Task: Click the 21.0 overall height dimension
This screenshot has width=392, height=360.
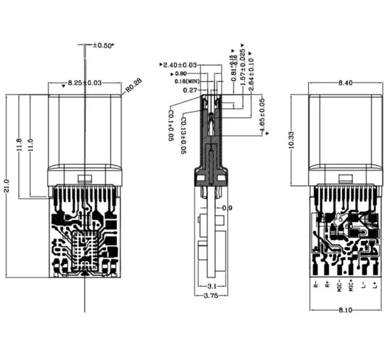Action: point(7,187)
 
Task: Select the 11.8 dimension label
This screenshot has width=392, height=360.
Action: point(20,145)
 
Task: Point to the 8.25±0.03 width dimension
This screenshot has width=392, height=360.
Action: point(84,83)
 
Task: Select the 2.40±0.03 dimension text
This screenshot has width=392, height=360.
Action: point(180,65)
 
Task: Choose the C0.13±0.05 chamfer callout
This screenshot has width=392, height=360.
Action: point(182,136)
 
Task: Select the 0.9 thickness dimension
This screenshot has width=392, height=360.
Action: point(227,208)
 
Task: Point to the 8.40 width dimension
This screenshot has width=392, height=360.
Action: point(345,83)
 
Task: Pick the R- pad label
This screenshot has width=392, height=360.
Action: point(316,284)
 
